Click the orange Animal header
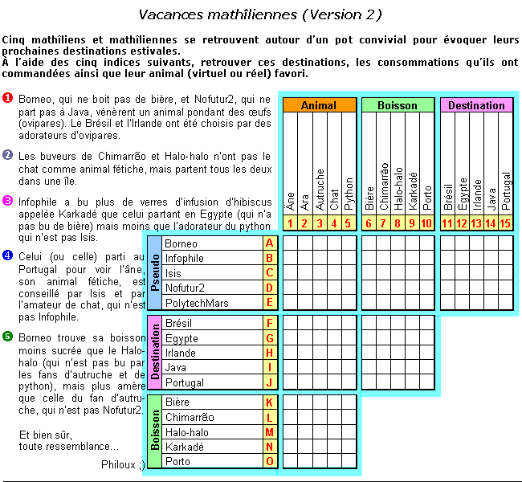(318, 105)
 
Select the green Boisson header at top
(397, 105)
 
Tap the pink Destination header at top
(476, 105)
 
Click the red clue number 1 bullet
(7, 98)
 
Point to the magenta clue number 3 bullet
(7, 201)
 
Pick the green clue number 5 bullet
(7, 336)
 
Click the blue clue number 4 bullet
(7, 255)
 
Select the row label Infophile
(186, 258)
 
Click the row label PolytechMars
(196, 303)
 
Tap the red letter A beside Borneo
(269, 243)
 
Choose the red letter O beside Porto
(269, 461)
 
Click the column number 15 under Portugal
(505, 223)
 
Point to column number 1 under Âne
(289, 223)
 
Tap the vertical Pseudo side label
(153, 272)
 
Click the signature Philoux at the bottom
(123, 464)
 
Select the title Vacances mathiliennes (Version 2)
(259, 14)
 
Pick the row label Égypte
(181, 338)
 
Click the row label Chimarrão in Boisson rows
(190, 417)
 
